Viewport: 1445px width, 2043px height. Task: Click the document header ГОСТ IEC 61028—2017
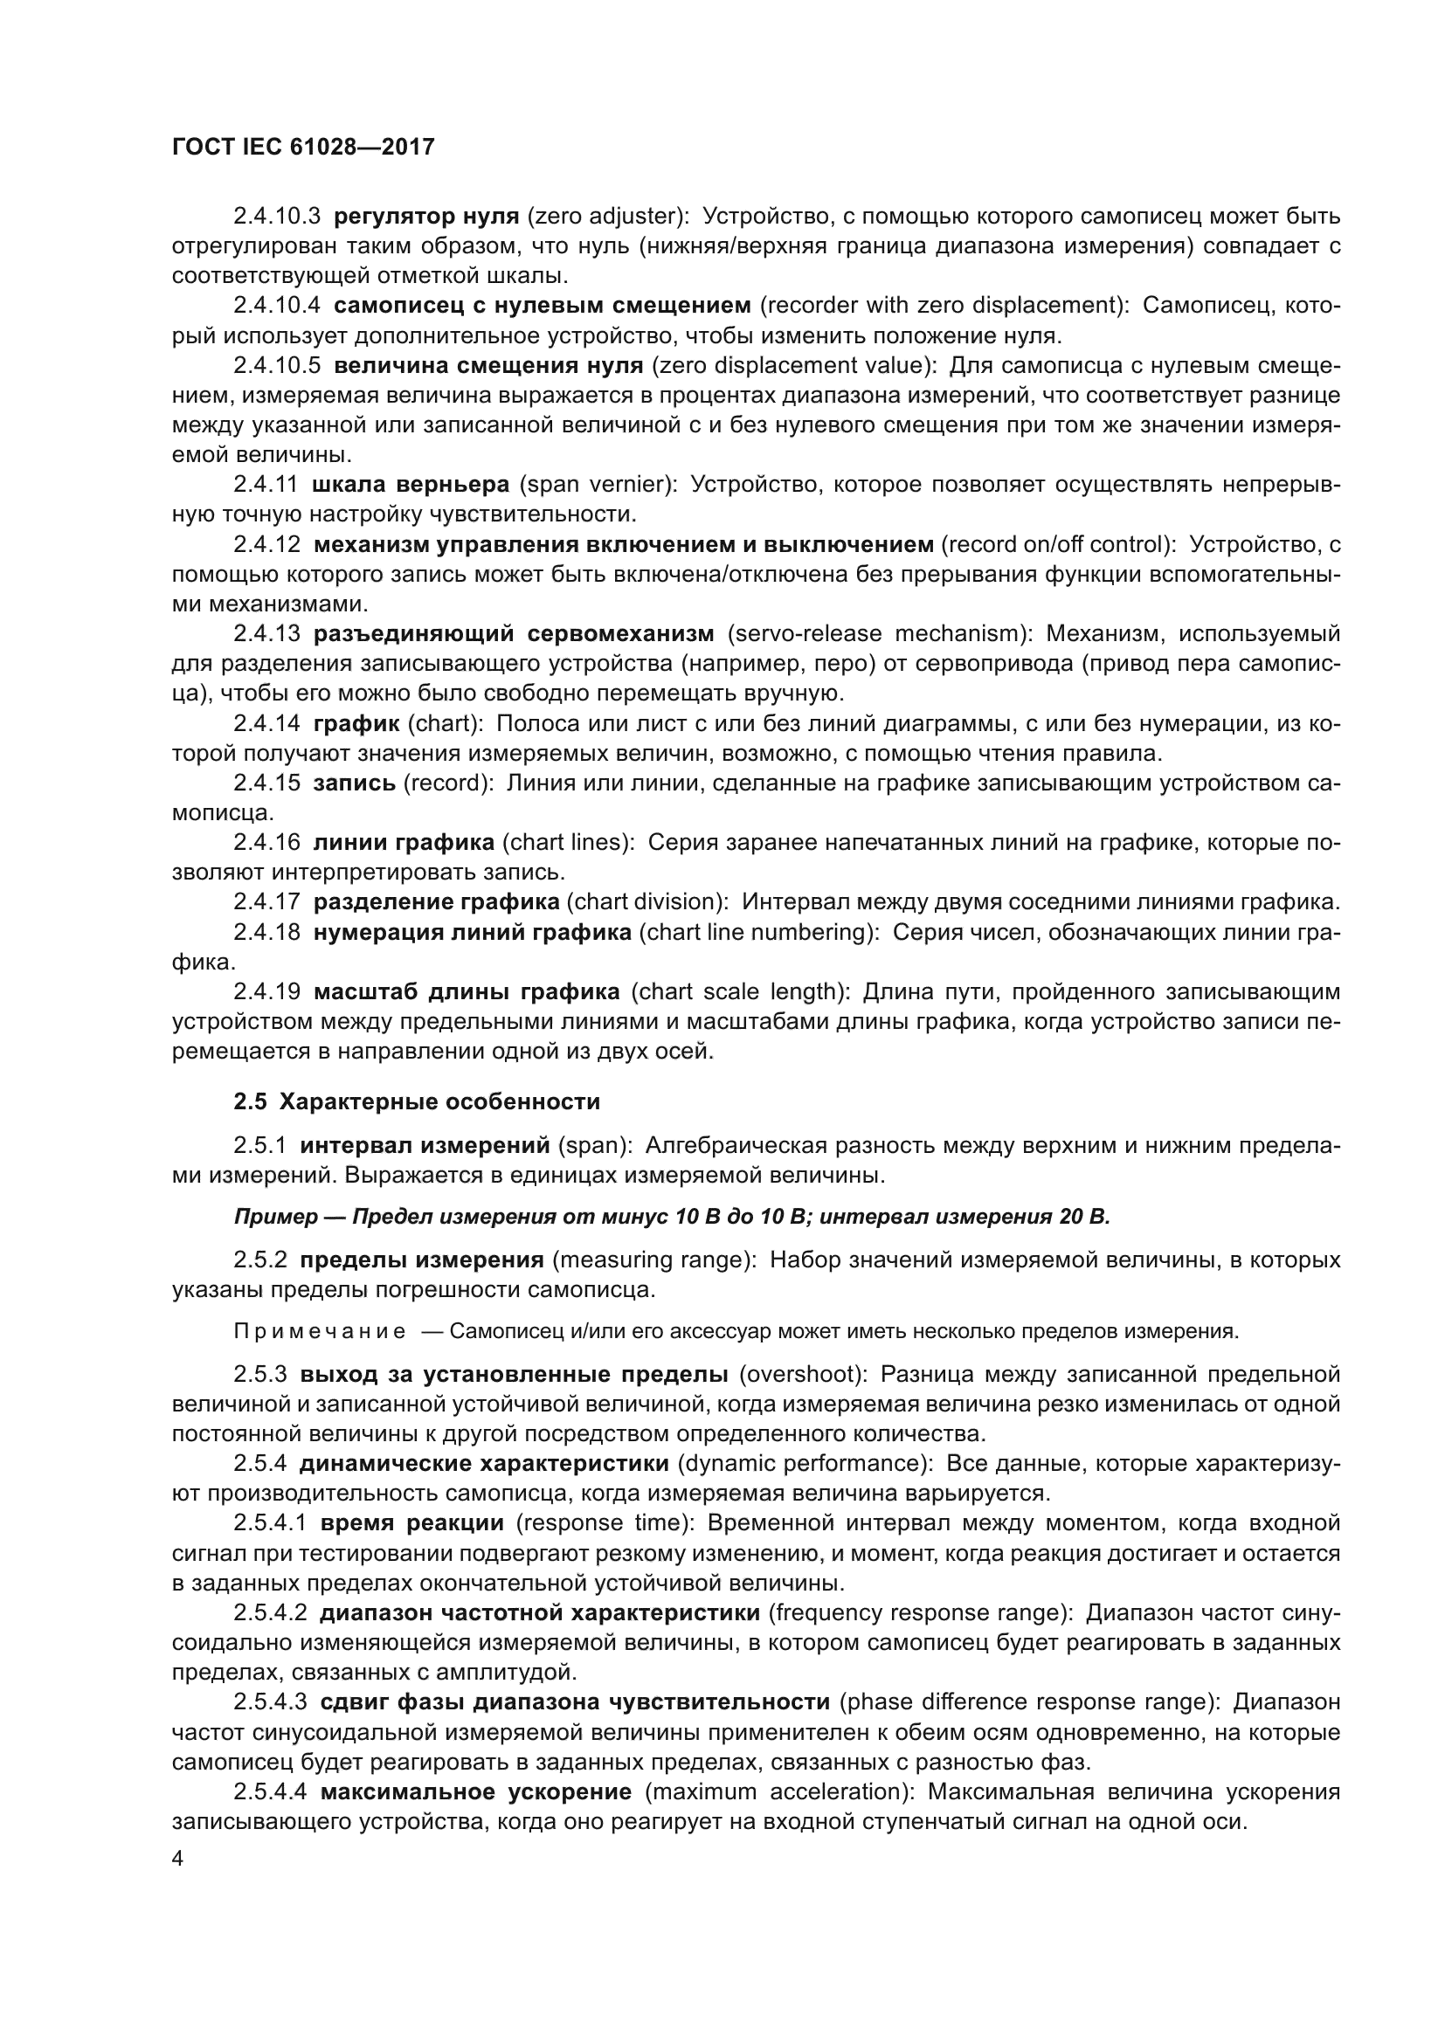point(302,148)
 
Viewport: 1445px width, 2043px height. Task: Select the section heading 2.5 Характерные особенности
point(417,1101)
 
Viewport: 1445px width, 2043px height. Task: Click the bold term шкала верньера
point(411,485)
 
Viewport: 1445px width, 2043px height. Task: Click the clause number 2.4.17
point(267,902)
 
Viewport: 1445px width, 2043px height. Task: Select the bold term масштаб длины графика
point(467,992)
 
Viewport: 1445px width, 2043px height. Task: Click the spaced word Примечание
point(320,1332)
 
